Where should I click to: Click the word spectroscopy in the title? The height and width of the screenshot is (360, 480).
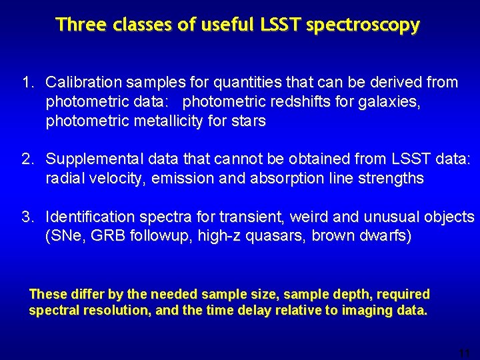pyautogui.click(x=363, y=25)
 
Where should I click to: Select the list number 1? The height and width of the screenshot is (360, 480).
pyautogui.click(x=27, y=83)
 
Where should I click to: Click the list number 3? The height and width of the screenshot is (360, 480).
pyautogui.click(x=27, y=217)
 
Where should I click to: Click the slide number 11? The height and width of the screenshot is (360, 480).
pyautogui.click(x=465, y=353)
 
